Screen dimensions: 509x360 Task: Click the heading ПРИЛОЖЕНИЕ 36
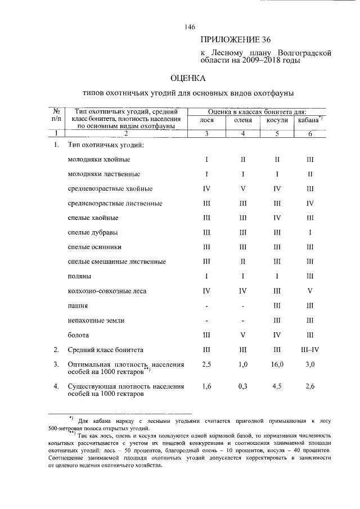point(236,40)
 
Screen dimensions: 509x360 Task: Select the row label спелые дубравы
point(96,232)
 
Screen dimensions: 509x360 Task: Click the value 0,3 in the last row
point(242,386)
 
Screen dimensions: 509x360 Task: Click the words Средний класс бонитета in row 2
point(106,349)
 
